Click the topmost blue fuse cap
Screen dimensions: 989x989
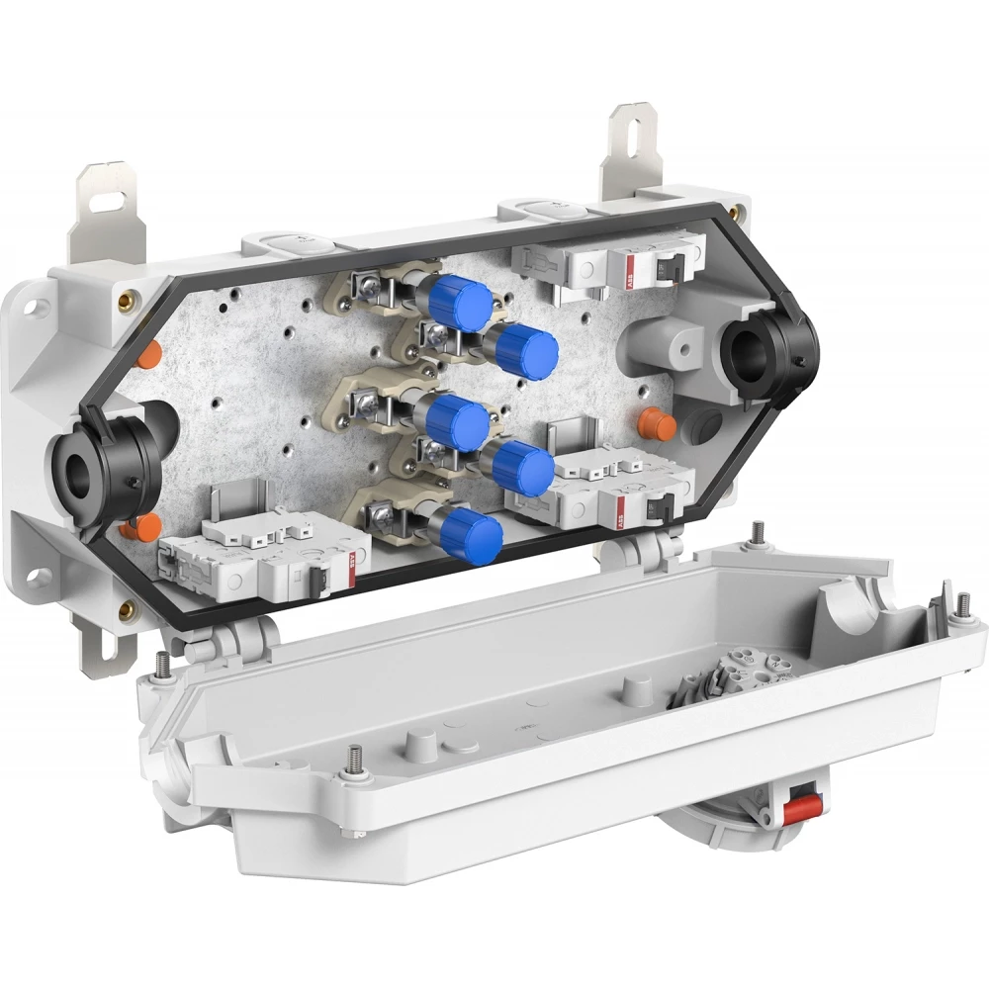click(463, 298)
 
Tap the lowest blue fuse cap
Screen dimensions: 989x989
click(472, 538)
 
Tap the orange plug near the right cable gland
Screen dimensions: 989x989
click(658, 425)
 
